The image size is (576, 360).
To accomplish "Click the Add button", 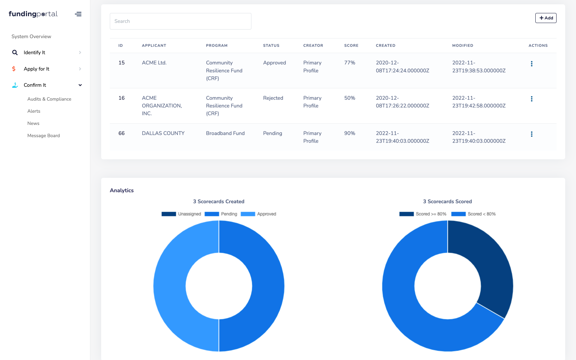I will point(546,18).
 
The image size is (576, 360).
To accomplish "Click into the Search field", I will point(180,21).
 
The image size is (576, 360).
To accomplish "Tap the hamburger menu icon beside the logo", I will point(78,14).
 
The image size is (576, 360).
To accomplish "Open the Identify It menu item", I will point(35,53).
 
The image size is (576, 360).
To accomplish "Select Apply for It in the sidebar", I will point(36,69).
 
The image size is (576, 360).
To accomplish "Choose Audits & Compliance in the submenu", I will point(49,99).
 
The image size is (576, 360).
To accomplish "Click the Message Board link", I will point(44,136).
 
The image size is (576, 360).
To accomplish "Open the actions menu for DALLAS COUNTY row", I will point(531,134).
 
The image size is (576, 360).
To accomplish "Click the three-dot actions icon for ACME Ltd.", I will point(531,64).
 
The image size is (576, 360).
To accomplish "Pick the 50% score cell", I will point(350,98).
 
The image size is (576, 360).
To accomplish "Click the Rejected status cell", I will point(273,98).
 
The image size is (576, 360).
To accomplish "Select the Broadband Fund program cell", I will point(225,133).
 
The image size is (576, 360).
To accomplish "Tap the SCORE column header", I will point(351,46).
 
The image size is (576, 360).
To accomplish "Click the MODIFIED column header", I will point(463,46).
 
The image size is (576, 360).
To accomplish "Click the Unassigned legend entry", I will point(181,214).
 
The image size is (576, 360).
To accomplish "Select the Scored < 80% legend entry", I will point(473,214).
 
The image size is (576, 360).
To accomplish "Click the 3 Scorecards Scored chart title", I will point(447,202).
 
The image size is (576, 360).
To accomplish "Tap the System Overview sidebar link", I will point(31,36).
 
